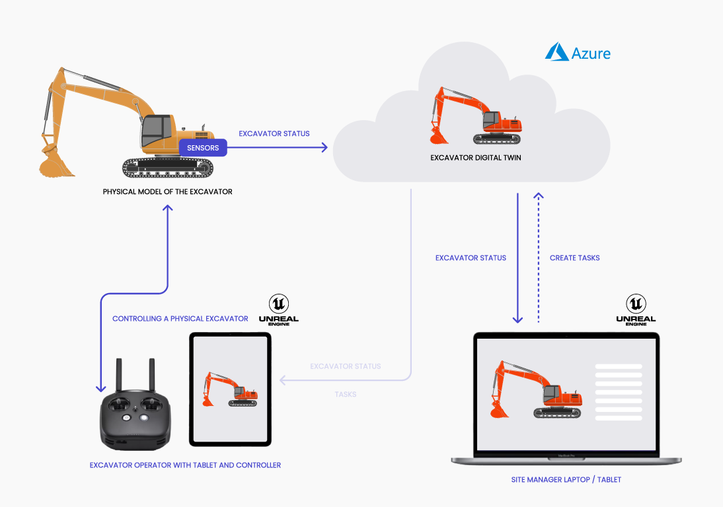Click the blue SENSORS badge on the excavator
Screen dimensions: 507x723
203,148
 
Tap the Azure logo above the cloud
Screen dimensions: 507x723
578,53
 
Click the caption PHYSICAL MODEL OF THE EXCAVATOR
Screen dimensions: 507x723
167,192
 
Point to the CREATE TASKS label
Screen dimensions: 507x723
574,258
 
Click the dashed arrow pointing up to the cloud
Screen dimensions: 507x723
539,257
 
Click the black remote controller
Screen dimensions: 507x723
135,420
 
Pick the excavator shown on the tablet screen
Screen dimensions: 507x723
229,389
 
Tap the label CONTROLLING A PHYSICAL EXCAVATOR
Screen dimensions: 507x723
180,319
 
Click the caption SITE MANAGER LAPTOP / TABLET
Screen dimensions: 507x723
566,479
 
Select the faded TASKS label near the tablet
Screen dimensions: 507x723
345,394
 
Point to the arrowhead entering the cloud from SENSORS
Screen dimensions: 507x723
324,148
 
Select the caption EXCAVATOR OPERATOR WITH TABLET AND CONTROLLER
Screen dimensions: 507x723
185,465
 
